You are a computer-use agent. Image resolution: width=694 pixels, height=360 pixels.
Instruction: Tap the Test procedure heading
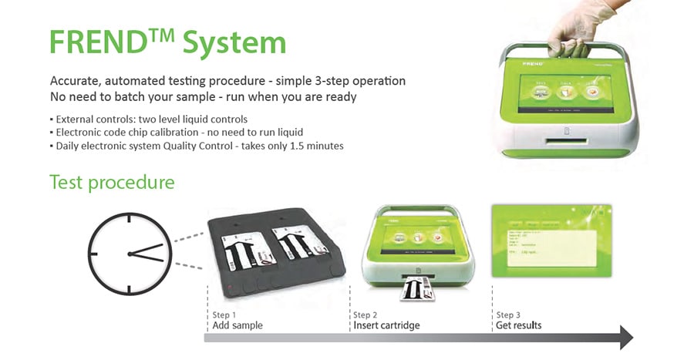click(x=112, y=183)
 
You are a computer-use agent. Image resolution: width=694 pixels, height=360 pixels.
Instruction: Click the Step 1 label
click(x=224, y=315)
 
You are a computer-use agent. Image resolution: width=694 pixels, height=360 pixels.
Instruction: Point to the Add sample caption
click(x=238, y=326)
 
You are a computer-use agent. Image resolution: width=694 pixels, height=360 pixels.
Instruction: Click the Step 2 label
click(x=366, y=315)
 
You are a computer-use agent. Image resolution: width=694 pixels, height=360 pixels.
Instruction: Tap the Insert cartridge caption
click(x=386, y=326)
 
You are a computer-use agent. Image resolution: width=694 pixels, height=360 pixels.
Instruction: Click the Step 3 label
click(x=509, y=315)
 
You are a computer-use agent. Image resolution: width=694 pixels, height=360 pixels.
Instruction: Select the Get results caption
click(x=519, y=326)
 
